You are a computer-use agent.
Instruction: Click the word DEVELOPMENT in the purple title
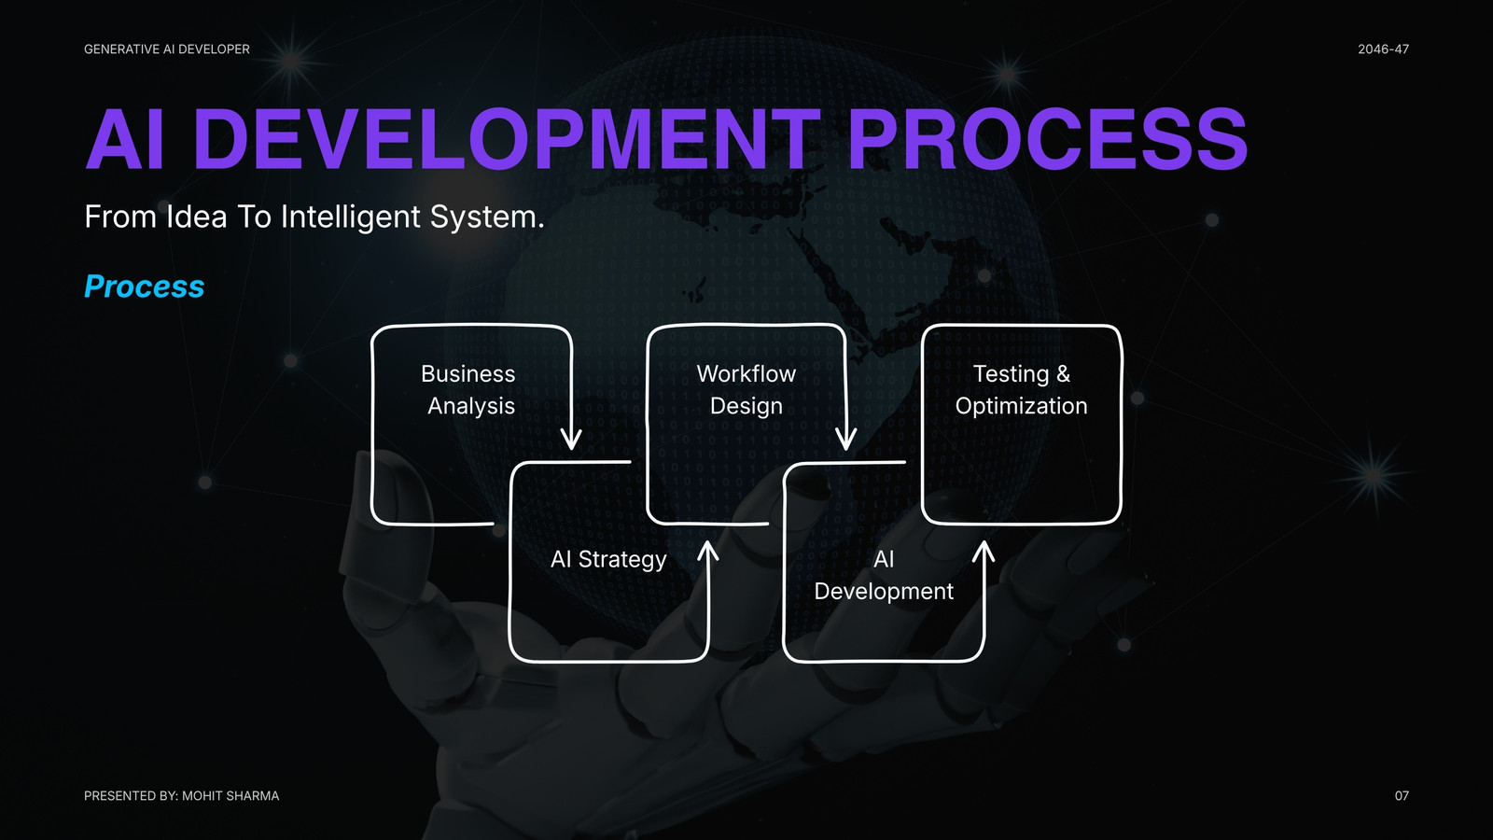coord(506,139)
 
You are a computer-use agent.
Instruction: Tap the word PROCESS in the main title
coord(1048,139)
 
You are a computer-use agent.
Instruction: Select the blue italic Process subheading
coord(144,286)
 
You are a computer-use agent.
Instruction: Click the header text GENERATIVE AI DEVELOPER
coord(167,49)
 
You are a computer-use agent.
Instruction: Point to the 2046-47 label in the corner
coord(1383,49)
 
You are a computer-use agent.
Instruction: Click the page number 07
coord(1402,795)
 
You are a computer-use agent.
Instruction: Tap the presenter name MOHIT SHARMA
coord(230,795)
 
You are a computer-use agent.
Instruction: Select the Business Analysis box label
coord(469,389)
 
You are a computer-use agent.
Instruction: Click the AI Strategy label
coord(607,559)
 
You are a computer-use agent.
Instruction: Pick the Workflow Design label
coord(746,389)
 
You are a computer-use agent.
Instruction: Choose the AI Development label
coord(884,575)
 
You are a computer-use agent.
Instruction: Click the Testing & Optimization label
coord(1021,389)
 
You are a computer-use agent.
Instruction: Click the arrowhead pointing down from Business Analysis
coord(571,441)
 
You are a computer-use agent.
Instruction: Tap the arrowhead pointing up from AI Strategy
coord(708,552)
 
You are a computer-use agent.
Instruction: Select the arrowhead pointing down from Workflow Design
coord(846,441)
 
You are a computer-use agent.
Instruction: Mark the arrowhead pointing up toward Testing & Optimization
coord(984,552)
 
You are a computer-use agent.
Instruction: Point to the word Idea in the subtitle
coord(197,217)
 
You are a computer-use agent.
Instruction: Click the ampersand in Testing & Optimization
coord(1063,374)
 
